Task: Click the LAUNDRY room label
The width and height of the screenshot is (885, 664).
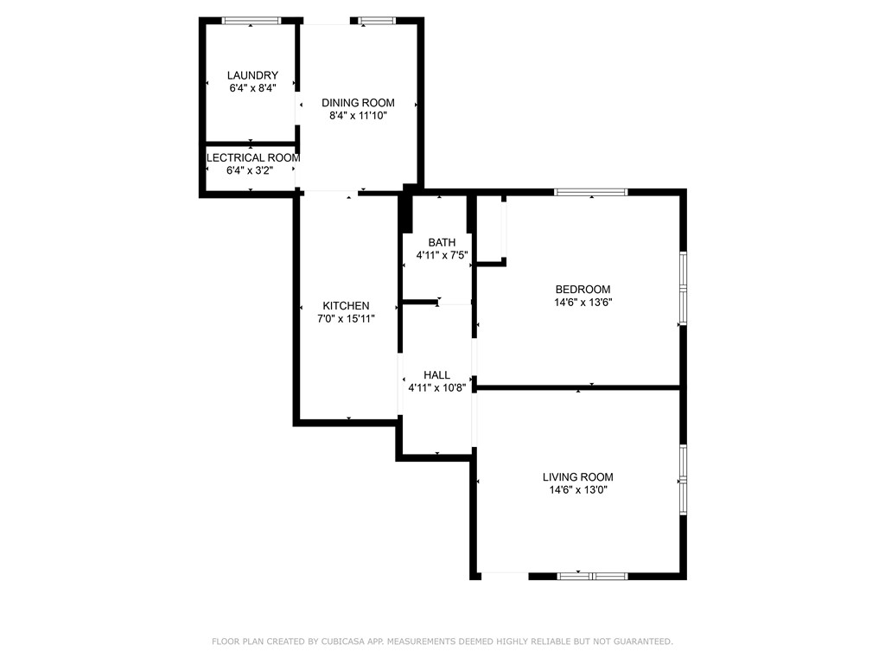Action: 252,75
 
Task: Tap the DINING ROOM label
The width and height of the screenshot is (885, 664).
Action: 358,103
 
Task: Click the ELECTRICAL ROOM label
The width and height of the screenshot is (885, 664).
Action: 252,158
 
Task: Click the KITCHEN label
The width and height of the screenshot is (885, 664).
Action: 346,305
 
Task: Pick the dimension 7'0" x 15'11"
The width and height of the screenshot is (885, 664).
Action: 346,318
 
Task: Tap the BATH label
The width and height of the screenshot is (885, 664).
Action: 442,242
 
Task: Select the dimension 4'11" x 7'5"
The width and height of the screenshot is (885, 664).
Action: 442,255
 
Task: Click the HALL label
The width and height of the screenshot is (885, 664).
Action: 436,375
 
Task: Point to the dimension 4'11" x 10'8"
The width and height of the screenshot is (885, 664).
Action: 436,388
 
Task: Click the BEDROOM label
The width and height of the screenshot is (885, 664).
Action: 583,290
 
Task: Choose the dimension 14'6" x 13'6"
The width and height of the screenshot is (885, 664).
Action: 583,303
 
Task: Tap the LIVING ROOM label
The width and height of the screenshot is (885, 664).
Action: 577,476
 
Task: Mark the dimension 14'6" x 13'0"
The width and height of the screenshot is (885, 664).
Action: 577,489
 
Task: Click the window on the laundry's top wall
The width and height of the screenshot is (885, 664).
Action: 251,20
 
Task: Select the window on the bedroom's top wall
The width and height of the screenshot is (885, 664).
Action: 591,192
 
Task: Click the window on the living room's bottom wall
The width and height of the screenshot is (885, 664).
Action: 592,576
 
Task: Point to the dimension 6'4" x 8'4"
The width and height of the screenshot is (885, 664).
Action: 252,87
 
